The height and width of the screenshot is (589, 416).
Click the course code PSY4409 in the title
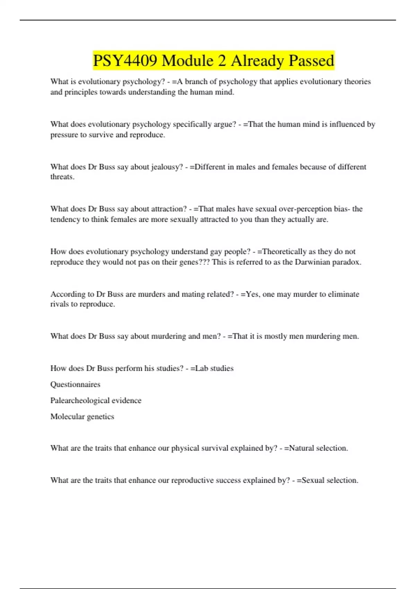[125, 61]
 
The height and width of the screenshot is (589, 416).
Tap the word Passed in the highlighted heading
[311, 61]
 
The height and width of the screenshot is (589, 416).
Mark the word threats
[62, 177]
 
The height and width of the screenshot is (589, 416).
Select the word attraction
[170, 209]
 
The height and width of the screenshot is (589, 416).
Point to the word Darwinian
[312, 262]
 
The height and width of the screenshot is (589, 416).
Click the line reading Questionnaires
[75, 384]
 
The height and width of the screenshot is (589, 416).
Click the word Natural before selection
[301, 448]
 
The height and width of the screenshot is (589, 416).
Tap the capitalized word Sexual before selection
[313, 480]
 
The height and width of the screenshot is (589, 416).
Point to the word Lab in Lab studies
[201, 368]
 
